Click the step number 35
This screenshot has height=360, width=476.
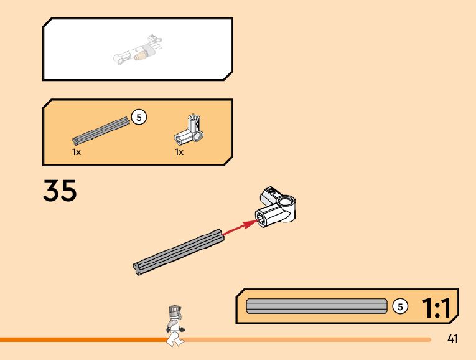60,191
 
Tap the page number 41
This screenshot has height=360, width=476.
453,339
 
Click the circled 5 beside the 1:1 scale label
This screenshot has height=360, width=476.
401,306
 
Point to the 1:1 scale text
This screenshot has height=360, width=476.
438,307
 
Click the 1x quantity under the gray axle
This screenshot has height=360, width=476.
76,152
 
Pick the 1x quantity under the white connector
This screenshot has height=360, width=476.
179,152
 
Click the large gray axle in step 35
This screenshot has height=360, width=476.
179,250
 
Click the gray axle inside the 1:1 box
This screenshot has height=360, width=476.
316,306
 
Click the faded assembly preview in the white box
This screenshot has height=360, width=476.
138,50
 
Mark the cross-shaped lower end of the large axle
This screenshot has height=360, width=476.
137,268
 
